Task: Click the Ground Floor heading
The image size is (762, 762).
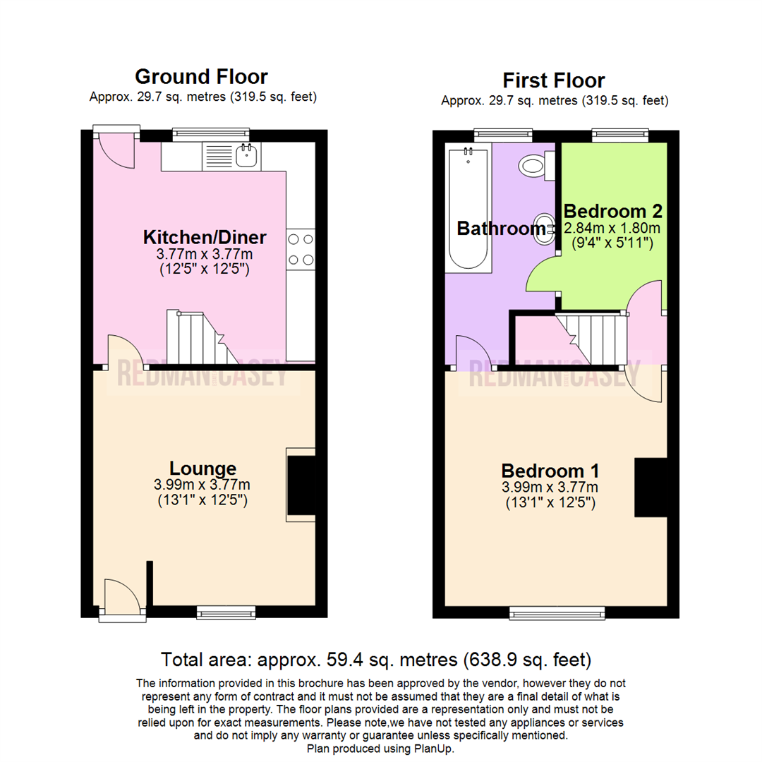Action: [x=201, y=76]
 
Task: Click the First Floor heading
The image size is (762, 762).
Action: [x=553, y=80]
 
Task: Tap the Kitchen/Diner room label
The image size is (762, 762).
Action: [x=204, y=236]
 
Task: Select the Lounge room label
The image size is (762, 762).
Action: [x=202, y=468]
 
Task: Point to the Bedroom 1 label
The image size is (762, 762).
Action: [x=550, y=471]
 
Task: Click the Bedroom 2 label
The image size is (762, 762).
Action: [x=612, y=211]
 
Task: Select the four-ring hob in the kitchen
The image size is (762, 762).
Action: [x=300, y=250]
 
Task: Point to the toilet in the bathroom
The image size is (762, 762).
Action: [x=533, y=166]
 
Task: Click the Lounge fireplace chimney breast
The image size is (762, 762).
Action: [x=302, y=485]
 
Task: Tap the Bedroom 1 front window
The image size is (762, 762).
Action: [x=557, y=612]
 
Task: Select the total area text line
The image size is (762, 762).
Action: [x=376, y=660]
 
